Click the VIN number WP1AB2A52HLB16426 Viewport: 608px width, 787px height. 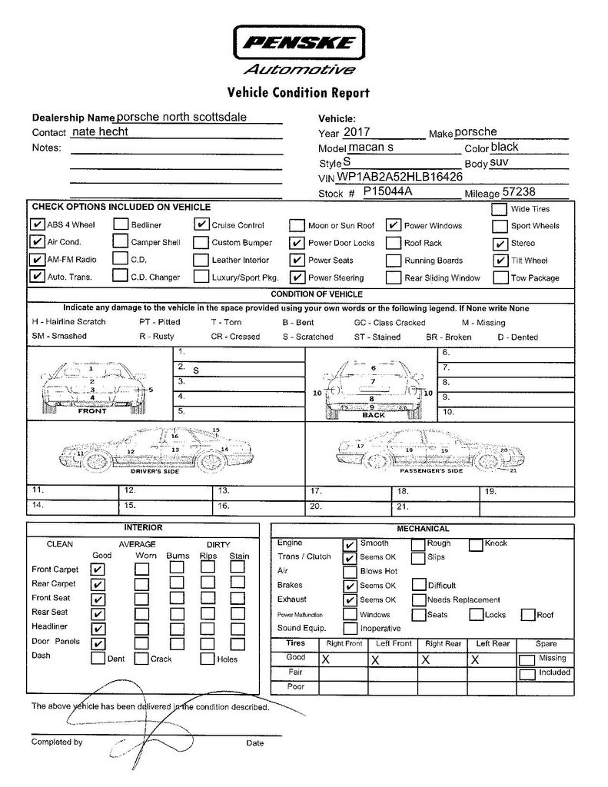tap(400, 177)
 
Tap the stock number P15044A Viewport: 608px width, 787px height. tap(388, 191)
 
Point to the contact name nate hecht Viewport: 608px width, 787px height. tap(99, 131)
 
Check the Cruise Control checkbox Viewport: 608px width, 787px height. tap(201, 225)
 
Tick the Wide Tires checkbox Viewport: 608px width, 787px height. tap(499, 209)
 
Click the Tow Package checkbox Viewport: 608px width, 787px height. tap(499, 277)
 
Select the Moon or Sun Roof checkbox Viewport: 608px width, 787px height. tap(297, 226)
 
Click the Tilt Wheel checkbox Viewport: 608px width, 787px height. tap(499, 260)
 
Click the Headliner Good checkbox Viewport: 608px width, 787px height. tap(98, 629)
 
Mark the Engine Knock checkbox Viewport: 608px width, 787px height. tap(476, 544)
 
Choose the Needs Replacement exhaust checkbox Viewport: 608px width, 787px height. tap(419, 599)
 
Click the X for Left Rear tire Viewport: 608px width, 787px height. tap(476, 659)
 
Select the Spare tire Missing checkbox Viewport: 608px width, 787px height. tap(527, 659)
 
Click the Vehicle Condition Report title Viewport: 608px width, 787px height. tap(298, 94)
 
